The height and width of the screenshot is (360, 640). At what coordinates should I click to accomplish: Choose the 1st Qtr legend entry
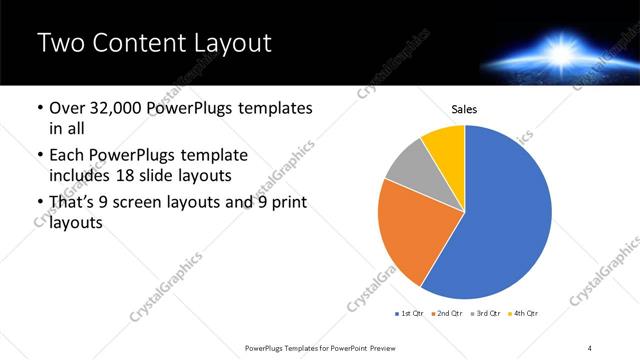(411, 314)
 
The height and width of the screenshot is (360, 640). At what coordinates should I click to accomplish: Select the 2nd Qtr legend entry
(449, 314)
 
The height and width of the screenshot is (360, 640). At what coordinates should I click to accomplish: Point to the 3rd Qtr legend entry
(487, 314)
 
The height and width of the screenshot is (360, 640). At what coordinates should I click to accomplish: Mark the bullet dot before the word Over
(39, 108)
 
